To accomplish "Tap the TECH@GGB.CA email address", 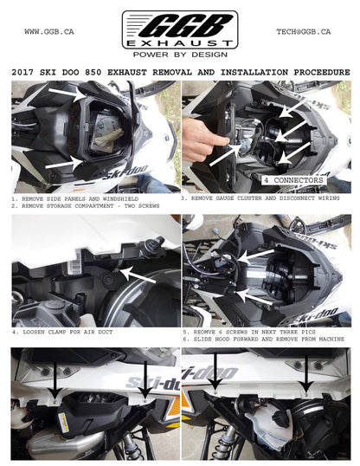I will [303, 32].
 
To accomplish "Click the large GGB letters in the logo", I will [177, 24].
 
